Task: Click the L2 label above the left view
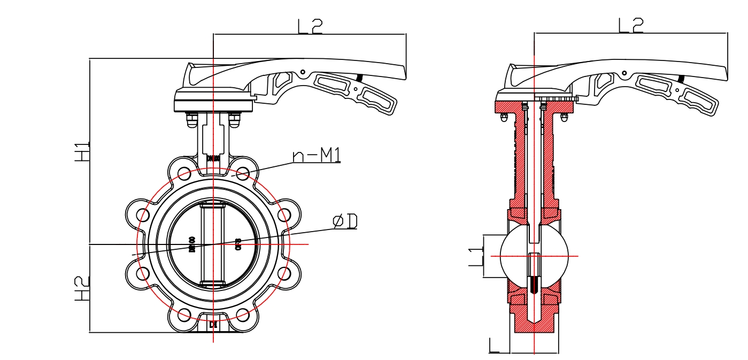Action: (310, 26)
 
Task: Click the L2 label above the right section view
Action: (630, 25)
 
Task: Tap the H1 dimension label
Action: (82, 152)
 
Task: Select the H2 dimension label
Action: (82, 289)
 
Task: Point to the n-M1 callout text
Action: (317, 155)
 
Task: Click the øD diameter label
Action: (345, 221)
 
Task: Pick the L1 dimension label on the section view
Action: (475, 256)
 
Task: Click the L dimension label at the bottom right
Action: (495, 346)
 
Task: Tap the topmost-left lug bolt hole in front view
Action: (184, 173)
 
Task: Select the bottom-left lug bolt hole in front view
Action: (184, 315)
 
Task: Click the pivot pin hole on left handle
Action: (303, 72)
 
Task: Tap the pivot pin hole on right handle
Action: (623, 72)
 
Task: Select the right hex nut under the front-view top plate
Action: (235, 120)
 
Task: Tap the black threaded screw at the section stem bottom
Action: (534, 284)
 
